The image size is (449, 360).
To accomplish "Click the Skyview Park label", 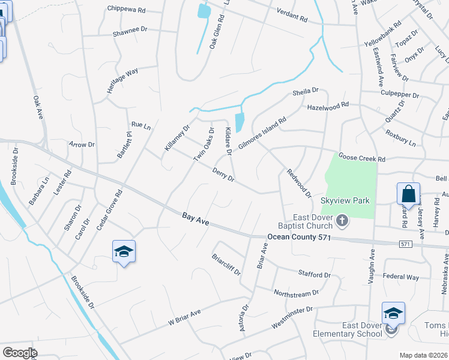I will click(x=345, y=200).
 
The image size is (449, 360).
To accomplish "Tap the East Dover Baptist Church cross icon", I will click(x=342, y=221).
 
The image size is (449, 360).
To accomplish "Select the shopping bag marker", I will click(x=408, y=194).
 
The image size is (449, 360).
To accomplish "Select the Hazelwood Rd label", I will click(x=328, y=105).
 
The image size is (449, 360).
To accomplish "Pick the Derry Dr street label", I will click(x=223, y=173).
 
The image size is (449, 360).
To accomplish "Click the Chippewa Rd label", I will click(x=127, y=9).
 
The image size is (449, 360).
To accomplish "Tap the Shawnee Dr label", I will click(x=130, y=29).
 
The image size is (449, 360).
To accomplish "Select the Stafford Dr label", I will click(x=315, y=275).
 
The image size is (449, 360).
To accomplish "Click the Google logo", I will click(x=20, y=353).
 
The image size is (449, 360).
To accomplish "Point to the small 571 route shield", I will click(x=406, y=244).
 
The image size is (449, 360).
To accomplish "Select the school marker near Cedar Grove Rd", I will click(x=124, y=252).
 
